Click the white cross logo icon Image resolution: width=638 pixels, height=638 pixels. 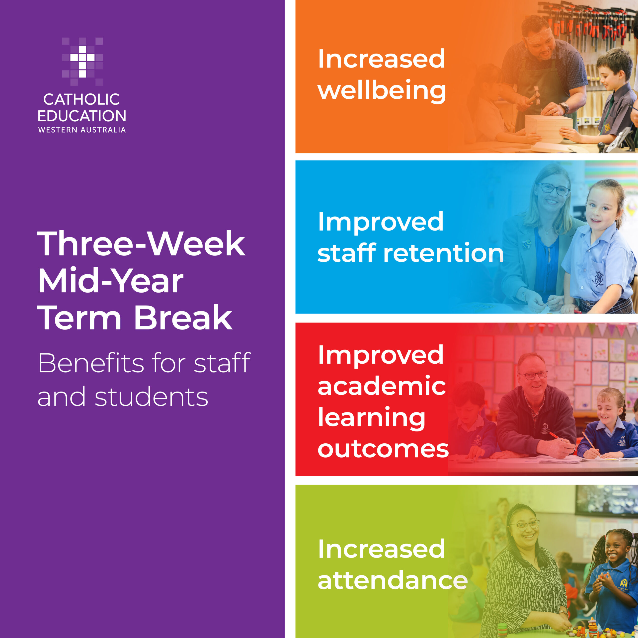[x=82, y=61]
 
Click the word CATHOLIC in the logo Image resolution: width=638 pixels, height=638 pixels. [x=81, y=99]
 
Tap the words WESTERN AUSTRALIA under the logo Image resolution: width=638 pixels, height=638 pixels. [x=82, y=130]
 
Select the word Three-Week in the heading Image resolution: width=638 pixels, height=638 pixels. [x=142, y=244]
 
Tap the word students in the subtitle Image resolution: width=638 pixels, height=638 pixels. [x=152, y=397]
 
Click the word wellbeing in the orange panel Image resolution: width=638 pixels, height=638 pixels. [x=382, y=91]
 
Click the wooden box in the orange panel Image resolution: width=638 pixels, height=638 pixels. [x=549, y=128]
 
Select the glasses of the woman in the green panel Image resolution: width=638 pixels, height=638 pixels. [x=525, y=525]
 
